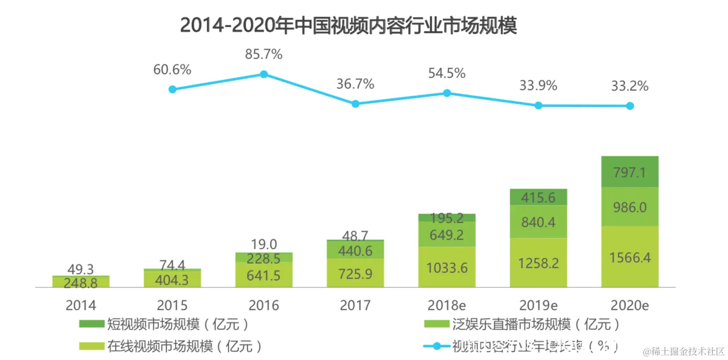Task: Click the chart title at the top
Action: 348,25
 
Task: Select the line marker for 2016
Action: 264,74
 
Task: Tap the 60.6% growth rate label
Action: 172,70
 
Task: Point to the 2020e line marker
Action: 630,106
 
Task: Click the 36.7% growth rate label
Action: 355,84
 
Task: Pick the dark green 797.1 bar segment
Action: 630,172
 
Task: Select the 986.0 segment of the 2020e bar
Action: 630,207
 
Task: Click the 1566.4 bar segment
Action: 630,256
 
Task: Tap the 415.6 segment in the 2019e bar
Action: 538,197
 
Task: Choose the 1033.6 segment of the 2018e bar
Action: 447,267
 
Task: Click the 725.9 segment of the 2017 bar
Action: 355,273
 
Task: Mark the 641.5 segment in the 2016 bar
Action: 264,275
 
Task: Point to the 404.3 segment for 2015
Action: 172,279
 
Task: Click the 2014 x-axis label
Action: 81,306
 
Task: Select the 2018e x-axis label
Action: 447,306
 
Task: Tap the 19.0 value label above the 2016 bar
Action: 264,244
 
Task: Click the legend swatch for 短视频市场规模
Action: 92,324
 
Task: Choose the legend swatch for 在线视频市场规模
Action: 92,346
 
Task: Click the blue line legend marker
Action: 437,346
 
